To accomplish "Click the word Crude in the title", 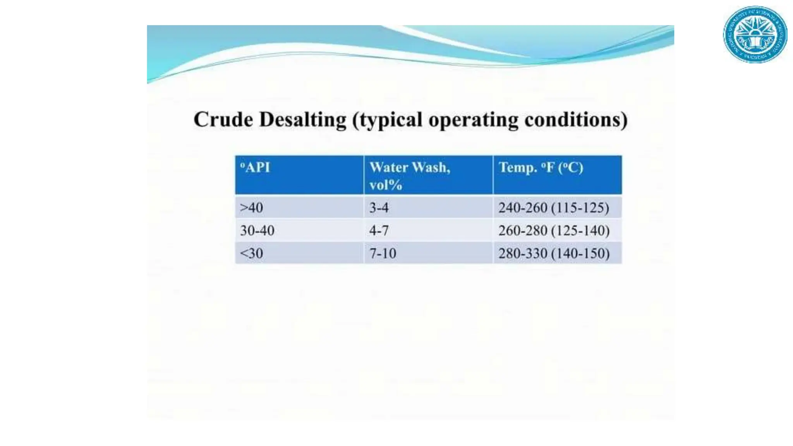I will point(223,119).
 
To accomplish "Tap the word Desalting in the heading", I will point(303,119).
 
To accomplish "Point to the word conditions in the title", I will point(576,119).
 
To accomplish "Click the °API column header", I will point(255,168).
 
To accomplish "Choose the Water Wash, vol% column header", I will point(410,176).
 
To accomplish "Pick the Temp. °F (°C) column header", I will point(541,168).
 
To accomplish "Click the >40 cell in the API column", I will point(252,208).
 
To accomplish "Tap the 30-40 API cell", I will point(257,231).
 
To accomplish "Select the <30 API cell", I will point(252,254).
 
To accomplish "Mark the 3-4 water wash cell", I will point(379,208).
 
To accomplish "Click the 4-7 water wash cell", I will point(379,231).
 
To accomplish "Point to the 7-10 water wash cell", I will point(383,254).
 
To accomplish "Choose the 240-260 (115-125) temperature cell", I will point(554,208).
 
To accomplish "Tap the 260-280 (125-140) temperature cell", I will point(554,231).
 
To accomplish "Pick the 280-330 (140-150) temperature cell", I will point(554,254).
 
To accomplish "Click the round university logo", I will point(755,34).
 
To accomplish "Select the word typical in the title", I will point(390,120).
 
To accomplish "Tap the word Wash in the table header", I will point(431,168).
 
